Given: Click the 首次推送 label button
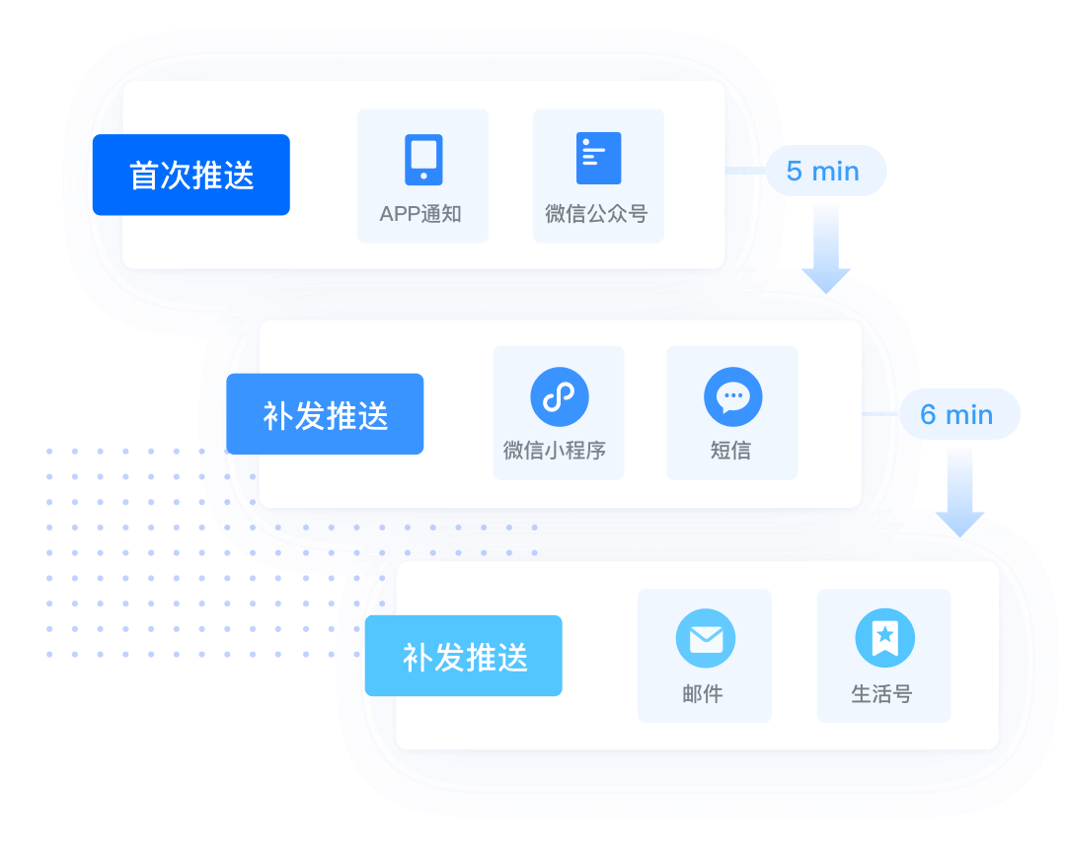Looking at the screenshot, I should point(190,175).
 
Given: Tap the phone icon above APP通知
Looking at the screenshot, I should point(423,160).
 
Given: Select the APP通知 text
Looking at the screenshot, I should point(421,214).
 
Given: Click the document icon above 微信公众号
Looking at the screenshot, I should point(598,158).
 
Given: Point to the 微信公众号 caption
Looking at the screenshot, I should point(597,214).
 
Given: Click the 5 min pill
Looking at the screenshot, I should point(823,172).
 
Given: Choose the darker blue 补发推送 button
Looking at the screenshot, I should point(325,414).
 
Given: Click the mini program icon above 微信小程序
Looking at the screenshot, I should point(559,397).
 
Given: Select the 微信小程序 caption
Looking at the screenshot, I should point(555,451).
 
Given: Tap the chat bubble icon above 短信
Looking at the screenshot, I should point(732,397).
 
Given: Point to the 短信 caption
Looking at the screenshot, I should point(731,451).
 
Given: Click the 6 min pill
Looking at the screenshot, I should point(957,414).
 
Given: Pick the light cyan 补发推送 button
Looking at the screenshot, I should point(463,657).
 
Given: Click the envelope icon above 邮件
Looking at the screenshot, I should point(705,639).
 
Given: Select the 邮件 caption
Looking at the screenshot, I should point(703,694).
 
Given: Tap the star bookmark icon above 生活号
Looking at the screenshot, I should point(884,639).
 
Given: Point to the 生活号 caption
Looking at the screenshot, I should point(882,694).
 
